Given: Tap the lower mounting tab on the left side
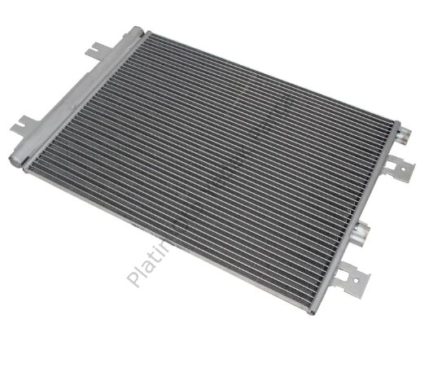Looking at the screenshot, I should pyautogui.click(x=24, y=127).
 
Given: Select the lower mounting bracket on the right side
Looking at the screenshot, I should pyautogui.click(x=355, y=278).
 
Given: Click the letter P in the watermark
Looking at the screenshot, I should pyautogui.click(x=135, y=278).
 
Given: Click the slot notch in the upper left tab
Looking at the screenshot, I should pyautogui.click(x=93, y=52).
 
